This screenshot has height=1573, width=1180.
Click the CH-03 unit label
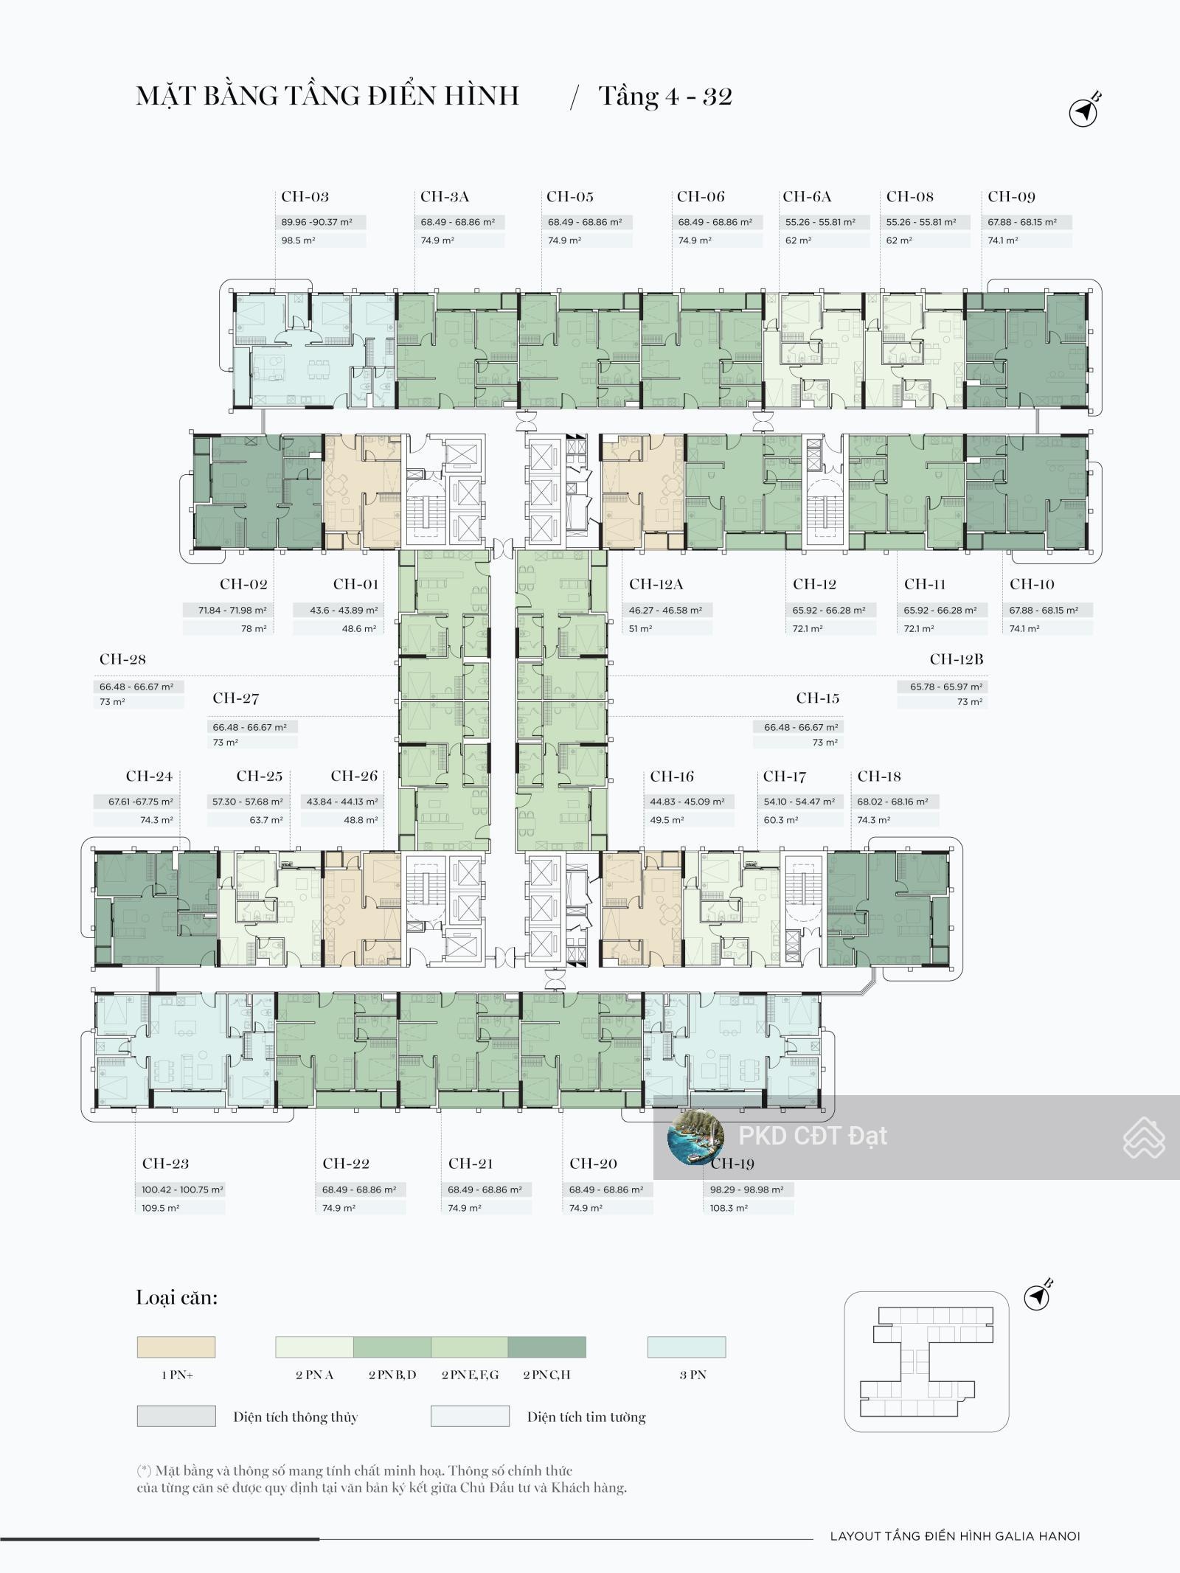(x=305, y=197)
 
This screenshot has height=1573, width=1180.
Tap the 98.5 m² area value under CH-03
(x=298, y=240)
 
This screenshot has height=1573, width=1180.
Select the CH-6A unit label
(x=807, y=197)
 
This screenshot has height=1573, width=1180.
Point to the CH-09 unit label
(x=1011, y=197)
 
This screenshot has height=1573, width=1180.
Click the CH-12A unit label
(x=656, y=584)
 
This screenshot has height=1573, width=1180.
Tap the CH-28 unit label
(x=122, y=659)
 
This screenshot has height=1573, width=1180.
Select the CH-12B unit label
(x=956, y=659)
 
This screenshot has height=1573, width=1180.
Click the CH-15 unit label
(x=817, y=698)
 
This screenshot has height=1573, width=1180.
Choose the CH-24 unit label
(x=149, y=776)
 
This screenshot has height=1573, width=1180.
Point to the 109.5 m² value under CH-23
(x=161, y=1208)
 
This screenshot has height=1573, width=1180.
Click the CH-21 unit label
(x=471, y=1164)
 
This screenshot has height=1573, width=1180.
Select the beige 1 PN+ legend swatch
(x=176, y=1347)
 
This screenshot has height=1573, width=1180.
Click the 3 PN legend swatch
(x=687, y=1347)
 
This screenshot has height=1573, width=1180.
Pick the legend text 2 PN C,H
(x=546, y=1375)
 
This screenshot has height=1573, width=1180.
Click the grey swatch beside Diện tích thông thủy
(x=176, y=1416)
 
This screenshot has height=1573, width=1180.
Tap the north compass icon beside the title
(x=1083, y=111)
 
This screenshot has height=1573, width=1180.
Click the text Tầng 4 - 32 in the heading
(x=665, y=97)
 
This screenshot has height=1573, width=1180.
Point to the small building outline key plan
(x=926, y=1361)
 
